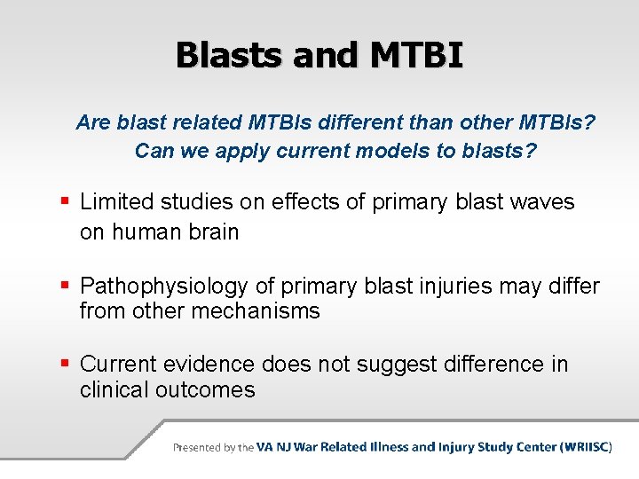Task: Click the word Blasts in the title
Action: coord(229,55)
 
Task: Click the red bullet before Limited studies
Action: coord(65,200)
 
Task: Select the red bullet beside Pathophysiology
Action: coord(65,285)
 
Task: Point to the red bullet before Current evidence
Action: coord(65,363)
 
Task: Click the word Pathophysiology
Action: coord(164,287)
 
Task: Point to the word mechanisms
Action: coord(256,310)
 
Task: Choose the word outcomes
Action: coord(205,389)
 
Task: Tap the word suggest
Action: coord(397,365)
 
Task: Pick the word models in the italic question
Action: coord(393,151)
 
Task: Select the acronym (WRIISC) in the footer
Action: coord(586,447)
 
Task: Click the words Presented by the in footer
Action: coord(214,448)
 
